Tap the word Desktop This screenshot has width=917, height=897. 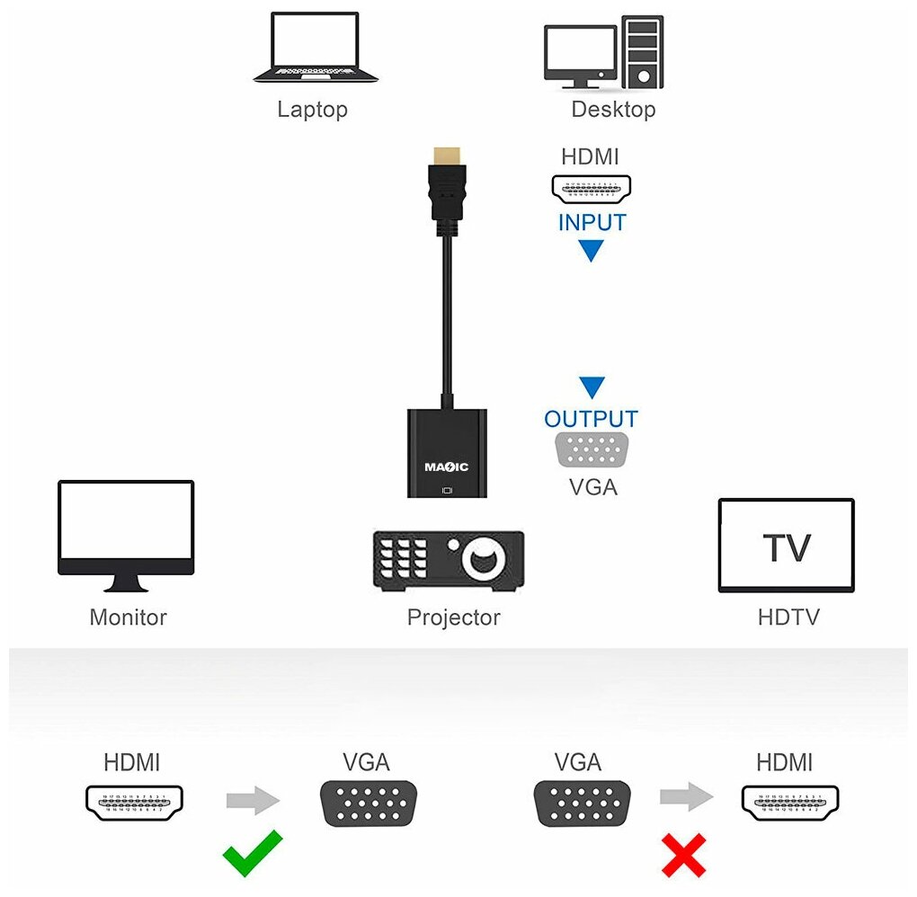pyautogui.click(x=613, y=110)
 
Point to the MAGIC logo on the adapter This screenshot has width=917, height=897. pyautogui.click(x=446, y=466)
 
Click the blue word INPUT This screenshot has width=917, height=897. pyautogui.click(x=592, y=223)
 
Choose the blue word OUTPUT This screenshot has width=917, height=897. pyautogui.click(x=591, y=419)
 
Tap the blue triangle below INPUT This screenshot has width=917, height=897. pyautogui.click(x=591, y=252)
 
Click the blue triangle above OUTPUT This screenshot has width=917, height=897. pyautogui.click(x=592, y=387)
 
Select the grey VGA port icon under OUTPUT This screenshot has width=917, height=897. pyautogui.click(x=592, y=450)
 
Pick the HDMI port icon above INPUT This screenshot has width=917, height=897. pyautogui.click(x=591, y=188)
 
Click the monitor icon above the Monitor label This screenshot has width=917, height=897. pyautogui.click(x=126, y=536)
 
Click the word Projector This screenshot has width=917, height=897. pyautogui.click(x=453, y=617)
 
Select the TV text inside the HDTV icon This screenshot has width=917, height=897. pyautogui.click(x=787, y=547)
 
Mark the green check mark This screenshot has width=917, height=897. pyautogui.click(x=252, y=853)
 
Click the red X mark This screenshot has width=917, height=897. pyautogui.click(x=683, y=855)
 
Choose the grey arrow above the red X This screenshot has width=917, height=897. pyautogui.click(x=686, y=796)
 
